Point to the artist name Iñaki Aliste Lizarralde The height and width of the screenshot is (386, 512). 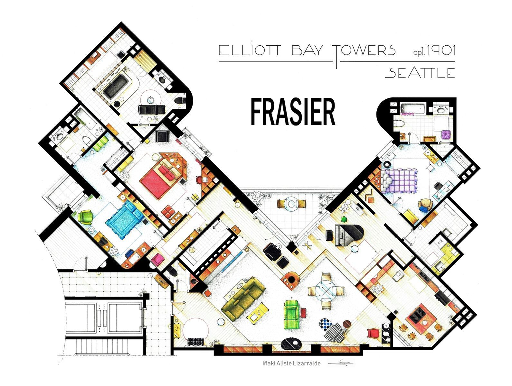[x=291, y=363]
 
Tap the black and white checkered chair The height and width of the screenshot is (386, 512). [x=326, y=324]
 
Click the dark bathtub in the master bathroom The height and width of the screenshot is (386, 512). [x=116, y=86]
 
